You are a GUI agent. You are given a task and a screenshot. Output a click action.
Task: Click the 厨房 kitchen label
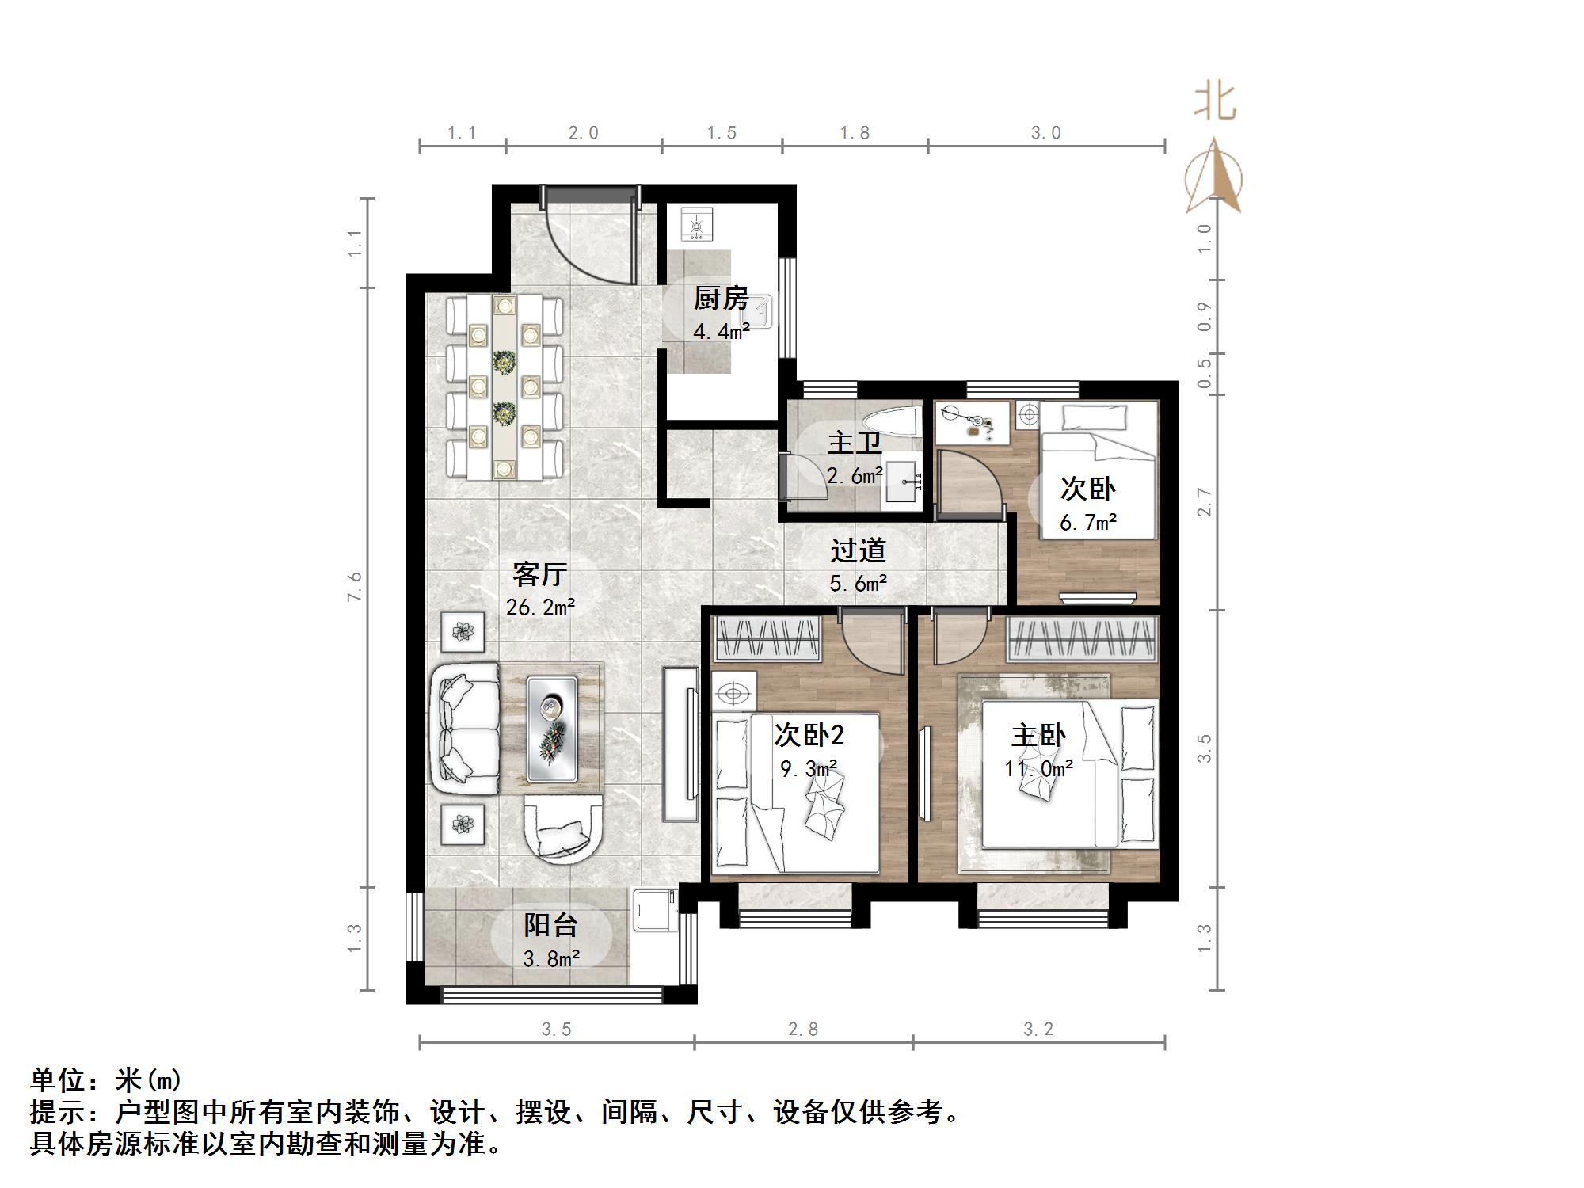(721, 299)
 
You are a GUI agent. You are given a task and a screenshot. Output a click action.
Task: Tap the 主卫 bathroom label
(854, 443)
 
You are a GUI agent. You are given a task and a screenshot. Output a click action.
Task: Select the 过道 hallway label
(858, 550)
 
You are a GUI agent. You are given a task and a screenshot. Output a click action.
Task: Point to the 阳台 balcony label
(550, 924)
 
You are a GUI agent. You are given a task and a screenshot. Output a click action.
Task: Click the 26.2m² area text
(540, 607)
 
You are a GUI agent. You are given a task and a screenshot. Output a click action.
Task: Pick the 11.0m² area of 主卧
(1038, 768)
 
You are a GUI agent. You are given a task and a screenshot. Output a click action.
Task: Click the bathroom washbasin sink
(903, 480)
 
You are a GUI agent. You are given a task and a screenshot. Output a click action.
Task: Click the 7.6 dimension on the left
(354, 586)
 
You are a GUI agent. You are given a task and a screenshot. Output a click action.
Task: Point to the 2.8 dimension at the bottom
(803, 1029)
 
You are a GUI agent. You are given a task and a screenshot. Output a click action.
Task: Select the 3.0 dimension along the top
(1045, 133)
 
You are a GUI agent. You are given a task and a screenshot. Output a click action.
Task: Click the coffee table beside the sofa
(551, 727)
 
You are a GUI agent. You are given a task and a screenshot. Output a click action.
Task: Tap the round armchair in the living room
(563, 829)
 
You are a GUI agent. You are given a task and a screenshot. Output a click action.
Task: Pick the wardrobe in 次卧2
(767, 639)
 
